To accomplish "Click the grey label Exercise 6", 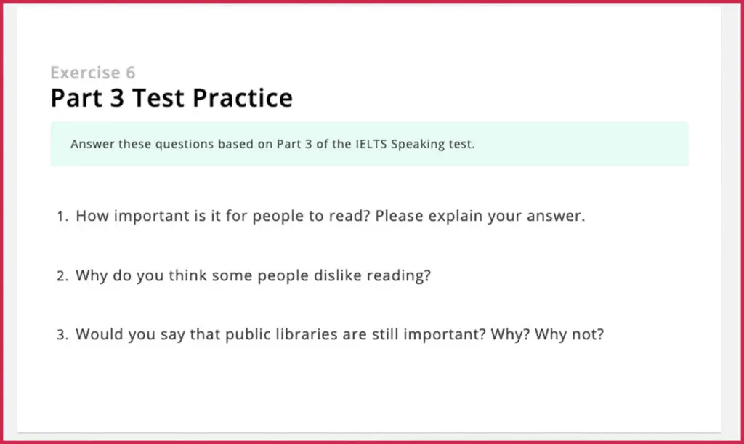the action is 93,73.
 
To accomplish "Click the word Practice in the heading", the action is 243,97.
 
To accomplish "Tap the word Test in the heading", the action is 158,97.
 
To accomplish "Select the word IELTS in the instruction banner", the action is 371,144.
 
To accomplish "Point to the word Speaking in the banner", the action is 418,144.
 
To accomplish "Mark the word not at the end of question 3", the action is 591,334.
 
